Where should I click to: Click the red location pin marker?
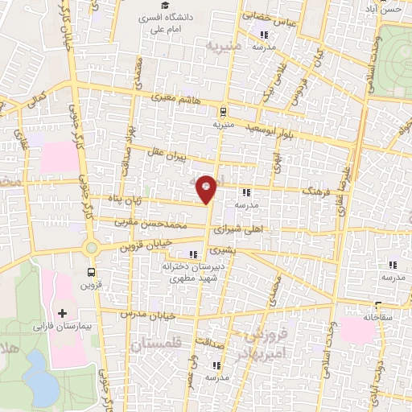pos(207,188)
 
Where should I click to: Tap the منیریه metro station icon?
pos(223,112)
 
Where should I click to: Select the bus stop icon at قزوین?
pos(91,271)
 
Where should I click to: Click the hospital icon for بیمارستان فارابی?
pos(61,311)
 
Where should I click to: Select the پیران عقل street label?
pos(171,151)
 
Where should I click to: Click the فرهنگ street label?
pos(316,193)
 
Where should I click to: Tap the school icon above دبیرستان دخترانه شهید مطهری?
pos(192,254)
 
